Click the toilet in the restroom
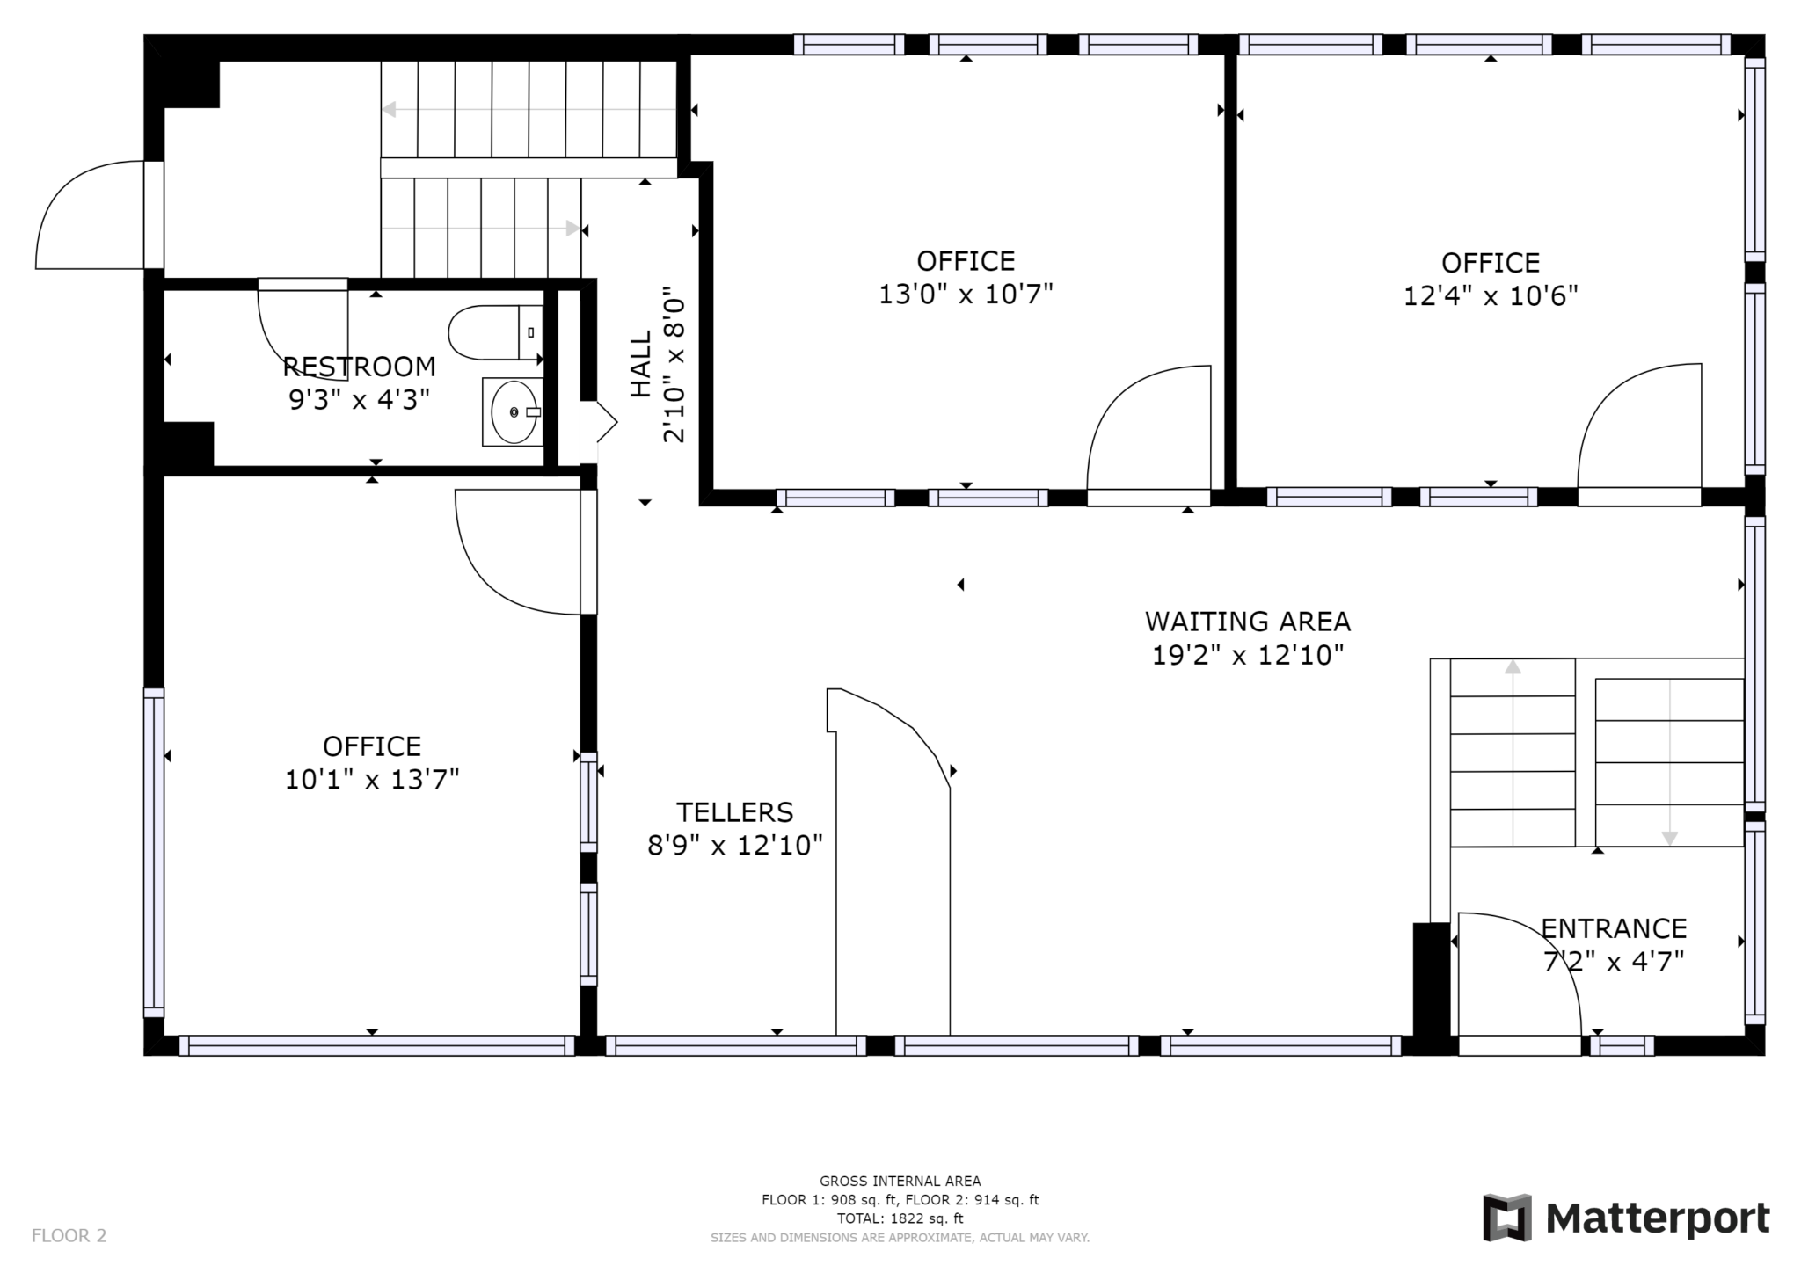[495, 332]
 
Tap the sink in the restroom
[513, 411]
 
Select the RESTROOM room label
[359, 366]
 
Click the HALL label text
[641, 363]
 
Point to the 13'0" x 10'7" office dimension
[966, 294]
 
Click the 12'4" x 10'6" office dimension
[1491, 295]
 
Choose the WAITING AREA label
[1248, 622]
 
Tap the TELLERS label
[734, 811]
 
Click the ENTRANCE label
[1614, 928]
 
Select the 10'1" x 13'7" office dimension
[372, 779]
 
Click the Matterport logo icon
[1507, 1218]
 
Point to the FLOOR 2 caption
[69, 1235]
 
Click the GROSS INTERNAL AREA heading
[900, 1181]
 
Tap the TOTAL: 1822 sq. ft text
[900, 1218]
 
